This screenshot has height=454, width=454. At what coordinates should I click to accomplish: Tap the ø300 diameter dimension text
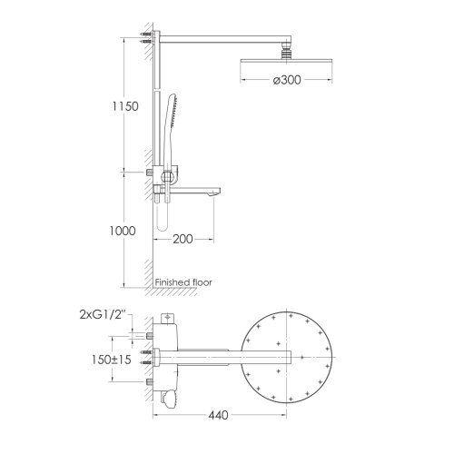[288, 81]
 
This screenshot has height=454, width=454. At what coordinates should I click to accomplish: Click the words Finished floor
[185, 282]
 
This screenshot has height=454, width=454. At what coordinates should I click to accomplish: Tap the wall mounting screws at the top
[145, 40]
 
